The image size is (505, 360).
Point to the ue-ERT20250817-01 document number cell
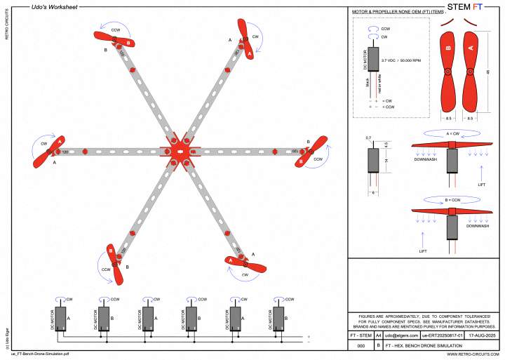[440, 336]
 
